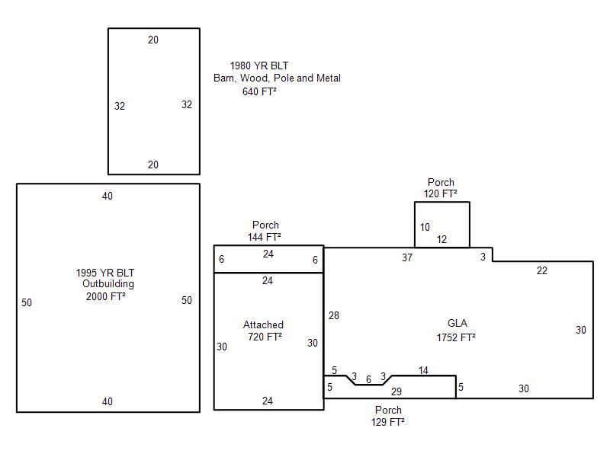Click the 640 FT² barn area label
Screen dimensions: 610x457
(259, 91)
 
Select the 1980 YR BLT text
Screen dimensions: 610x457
(259, 66)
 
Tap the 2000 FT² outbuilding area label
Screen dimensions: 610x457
(106, 296)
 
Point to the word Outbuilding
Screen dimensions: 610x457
(108, 284)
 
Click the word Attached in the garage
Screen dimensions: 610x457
(263, 324)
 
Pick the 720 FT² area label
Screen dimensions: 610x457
(265, 337)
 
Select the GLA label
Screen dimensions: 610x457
(457, 323)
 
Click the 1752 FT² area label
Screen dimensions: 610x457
(456, 337)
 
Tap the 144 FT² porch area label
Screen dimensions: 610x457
(264, 237)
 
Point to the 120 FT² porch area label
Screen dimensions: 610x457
(441, 193)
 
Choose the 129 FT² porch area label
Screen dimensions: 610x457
(388, 422)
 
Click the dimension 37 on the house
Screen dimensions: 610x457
(407, 257)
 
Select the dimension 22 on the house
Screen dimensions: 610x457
(542, 271)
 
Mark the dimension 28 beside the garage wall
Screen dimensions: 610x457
(334, 315)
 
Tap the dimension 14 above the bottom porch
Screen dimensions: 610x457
(423, 370)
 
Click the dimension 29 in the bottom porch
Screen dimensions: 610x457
(396, 391)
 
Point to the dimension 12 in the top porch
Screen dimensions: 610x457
(441, 239)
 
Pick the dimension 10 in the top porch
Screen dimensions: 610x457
(425, 227)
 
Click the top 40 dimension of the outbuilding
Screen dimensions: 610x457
(108, 197)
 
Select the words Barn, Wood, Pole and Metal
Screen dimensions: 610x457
(277, 78)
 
